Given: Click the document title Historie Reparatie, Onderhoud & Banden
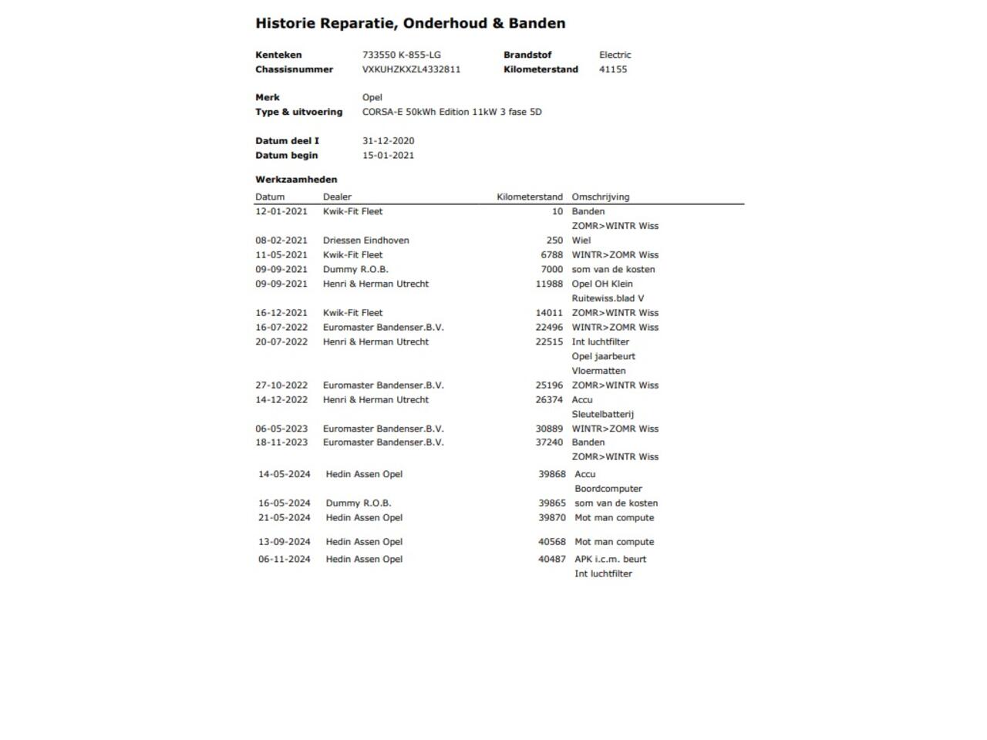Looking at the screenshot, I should point(410,23).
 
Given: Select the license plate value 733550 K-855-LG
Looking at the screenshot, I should point(401,55).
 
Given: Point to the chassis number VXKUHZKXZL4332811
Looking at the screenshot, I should point(411,69).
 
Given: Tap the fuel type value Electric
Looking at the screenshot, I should point(615,55).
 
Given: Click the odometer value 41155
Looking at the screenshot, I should point(613,69).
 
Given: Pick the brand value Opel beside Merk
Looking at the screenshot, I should point(372,97).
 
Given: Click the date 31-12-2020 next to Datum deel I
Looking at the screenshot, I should point(388,141).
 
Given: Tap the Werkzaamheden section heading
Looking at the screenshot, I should point(296,180).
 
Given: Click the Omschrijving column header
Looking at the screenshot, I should point(600,197).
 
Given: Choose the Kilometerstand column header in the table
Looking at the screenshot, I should point(529,197).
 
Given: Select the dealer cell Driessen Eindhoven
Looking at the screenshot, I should point(365,240).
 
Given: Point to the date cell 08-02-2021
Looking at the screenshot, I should point(281,240).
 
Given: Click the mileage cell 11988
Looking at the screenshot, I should point(549,284).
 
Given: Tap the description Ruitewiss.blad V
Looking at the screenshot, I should point(608,298).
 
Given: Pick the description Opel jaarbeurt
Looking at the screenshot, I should point(603,356).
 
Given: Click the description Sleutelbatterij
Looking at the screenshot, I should point(602,414).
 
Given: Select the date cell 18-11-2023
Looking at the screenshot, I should point(281,442).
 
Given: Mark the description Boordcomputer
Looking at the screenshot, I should point(608,489).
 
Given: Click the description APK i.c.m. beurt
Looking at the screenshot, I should point(610,559).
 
